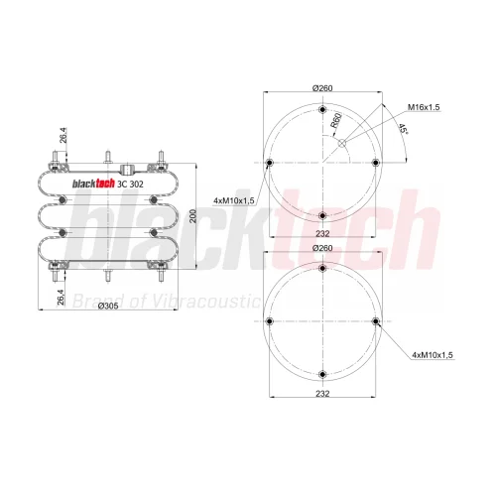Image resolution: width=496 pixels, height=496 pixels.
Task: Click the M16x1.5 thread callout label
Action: tap(424, 107)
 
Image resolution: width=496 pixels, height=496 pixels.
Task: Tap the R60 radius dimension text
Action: tap(336, 120)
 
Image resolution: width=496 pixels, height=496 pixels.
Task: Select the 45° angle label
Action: tap(403, 129)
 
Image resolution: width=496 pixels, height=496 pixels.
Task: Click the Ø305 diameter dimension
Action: tap(108, 306)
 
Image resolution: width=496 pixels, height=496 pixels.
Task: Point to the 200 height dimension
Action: tap(193, 216)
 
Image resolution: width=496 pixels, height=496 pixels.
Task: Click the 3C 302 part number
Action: tap(131, 185)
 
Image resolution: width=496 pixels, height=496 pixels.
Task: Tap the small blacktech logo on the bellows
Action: tap(93, 184)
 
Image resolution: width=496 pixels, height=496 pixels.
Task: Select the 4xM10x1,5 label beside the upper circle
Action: tap(234, 200)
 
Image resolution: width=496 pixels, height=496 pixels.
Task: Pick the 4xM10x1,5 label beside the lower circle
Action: tap(433, 355)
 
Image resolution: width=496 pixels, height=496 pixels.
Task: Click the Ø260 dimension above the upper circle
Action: tap(322, 88)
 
